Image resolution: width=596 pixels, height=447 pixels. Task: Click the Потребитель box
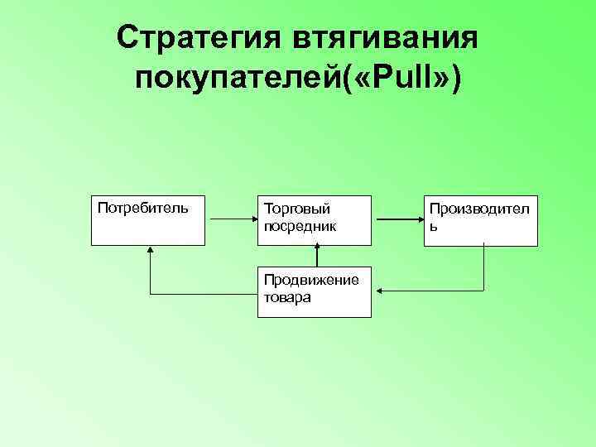[147, 221]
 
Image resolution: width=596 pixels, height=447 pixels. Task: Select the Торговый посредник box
[315, 221]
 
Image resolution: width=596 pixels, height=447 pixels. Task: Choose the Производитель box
[483, 221]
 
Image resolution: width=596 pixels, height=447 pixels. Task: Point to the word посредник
[300, 225]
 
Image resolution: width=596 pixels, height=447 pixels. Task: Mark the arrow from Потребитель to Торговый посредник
[232, 220]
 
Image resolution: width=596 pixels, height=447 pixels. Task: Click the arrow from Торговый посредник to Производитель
[400, 220]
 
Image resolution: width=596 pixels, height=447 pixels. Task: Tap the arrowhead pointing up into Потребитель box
[150, 250]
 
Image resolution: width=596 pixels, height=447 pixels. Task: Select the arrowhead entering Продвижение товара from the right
[377, 291]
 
